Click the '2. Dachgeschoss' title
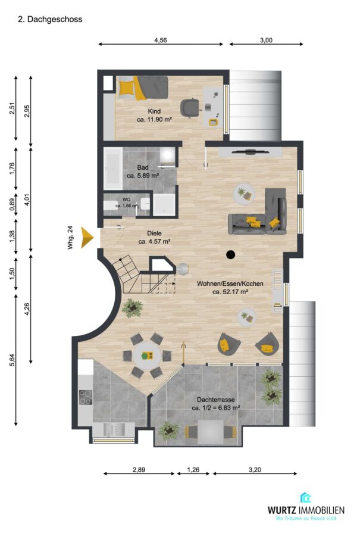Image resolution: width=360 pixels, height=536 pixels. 50,20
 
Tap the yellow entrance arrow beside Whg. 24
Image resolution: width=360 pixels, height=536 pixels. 87,237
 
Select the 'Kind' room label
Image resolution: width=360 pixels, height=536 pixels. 154,111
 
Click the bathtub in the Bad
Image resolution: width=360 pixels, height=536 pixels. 112,169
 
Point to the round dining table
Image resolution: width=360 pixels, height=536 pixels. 147,356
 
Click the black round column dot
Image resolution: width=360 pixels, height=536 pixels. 231,254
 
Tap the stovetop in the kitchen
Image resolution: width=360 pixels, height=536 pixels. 86,398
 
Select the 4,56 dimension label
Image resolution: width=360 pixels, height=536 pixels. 161,40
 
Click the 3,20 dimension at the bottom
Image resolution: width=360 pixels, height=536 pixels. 255,470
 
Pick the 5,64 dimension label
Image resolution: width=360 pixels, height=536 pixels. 12,360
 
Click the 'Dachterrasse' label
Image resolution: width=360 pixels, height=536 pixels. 215,400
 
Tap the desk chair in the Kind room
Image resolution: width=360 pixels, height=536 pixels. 190,107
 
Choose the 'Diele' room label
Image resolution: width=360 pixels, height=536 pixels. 154,233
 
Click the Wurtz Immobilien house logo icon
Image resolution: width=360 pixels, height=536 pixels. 305,497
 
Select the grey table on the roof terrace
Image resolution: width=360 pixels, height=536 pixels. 211,432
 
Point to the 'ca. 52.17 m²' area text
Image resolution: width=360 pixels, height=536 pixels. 230,292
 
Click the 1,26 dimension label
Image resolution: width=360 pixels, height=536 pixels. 193,470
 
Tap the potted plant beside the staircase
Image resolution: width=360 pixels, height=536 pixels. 132,308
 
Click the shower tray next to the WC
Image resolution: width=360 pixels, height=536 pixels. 164,205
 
